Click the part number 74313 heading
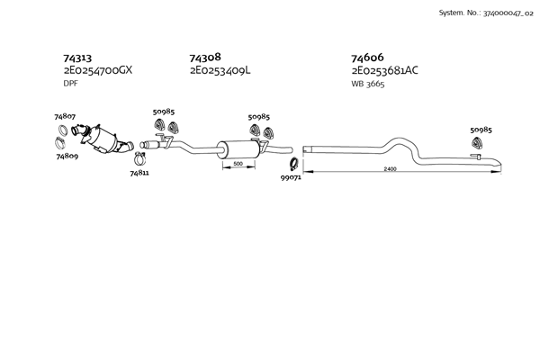click(78, 57)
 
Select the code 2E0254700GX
click(97, 69)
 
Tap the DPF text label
click(70, 83)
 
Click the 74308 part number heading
click(205, 57)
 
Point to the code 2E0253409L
click(220, 69)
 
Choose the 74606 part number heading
click(368, 57)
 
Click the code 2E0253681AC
click(384, 69)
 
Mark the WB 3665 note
click(369, 83)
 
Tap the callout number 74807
click(65, 116)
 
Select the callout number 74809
click(67, 156)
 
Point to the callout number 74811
click(139, 172)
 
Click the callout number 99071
click(292, 179)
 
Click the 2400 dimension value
click(390, 169)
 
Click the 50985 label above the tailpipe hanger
click(481, 130)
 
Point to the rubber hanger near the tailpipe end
click(478, 143)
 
